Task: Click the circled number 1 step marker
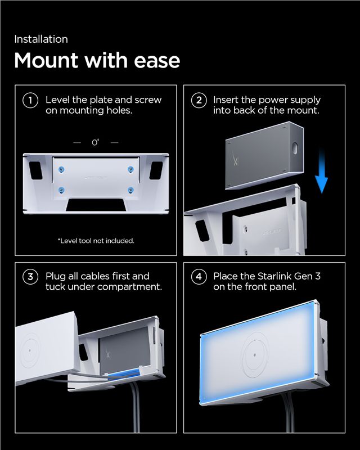pyautogui.click(x=30, y=101)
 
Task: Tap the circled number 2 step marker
pyautogui.click(x=199, y=101)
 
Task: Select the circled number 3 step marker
pyautogui.click(x=30, y=277)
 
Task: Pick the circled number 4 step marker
pyautogui.click(x=199, y=277)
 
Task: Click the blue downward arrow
pyautogui.click(x=321, y=171)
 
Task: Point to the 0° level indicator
pyautogui.click(x=96, y=142)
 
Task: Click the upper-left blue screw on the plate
pyautogui.click(x=61, y=170)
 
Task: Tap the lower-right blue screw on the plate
pyautogui.click(x=130, y=190)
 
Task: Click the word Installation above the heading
pyautogui.click(x=41, y=39)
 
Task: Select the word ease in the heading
pyautogui.click(x=157, y=61)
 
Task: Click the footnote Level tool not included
pyautogui.click(x=96, y=241)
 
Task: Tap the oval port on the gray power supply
pyautogui.click(x=295, y=148)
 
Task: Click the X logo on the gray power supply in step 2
pyautogui.click(x=235, y=159)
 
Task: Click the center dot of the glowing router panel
pyautogui.click(x=255, y=355)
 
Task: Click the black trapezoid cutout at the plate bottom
pyautogui.click(x=96, y=205)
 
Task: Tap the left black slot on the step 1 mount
pyautogui.click(x=35, y=170)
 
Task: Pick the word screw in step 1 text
pyautogui.click(x=148, y=100)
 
